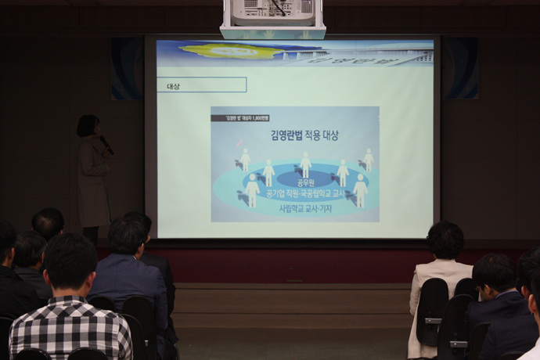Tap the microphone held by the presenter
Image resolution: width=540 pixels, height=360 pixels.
pyautogui.click(x=106, y=145)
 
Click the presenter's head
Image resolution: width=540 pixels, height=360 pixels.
pyautogui.click(x=88, y=125)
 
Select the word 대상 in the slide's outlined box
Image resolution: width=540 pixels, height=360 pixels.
pyautogui.click(x=173, y=86)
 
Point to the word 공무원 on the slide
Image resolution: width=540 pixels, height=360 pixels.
pyautogui.click(x=305, y=182)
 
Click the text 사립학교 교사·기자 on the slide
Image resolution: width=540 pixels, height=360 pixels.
pyautogui.click(x=307, y=209)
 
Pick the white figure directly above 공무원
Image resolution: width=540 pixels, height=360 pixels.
pyautogui.click(x=305, y=165)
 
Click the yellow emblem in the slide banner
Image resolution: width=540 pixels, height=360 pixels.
pyautogui.click(x=235, y=51)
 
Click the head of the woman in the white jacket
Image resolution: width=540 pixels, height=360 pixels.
pyautogui.click(x=445, y=240)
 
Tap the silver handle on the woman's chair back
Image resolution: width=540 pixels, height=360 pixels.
pyautogui.click(x=432, y=321)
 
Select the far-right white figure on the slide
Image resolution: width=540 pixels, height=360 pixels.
pyautogui.click(x=368, y=160)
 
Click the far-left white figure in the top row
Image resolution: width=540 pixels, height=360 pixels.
pyautogui.click(x=245, y=160)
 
